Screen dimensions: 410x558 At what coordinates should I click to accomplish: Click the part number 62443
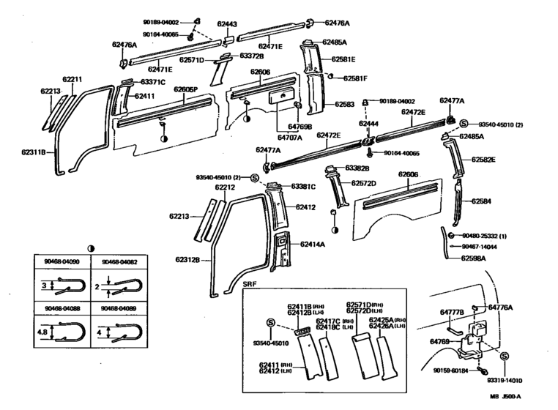[x=227, y=24]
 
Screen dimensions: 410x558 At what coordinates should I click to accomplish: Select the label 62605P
[x=186, y=89]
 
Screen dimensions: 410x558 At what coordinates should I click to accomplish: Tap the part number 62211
[x=72, y=78]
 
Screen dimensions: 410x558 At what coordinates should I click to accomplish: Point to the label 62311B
[x=34, y=153]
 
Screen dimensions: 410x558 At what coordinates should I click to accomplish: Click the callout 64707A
[x=270, y=136]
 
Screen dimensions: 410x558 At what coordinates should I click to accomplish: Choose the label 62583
[x=344, y=105]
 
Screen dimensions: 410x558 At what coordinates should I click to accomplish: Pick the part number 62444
[x=368, y=124]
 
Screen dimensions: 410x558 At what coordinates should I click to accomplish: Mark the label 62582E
[x=483, y=159]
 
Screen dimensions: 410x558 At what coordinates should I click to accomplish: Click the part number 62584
[x=481, y=201]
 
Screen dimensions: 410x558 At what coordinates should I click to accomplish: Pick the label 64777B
[x=452, y=313]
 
